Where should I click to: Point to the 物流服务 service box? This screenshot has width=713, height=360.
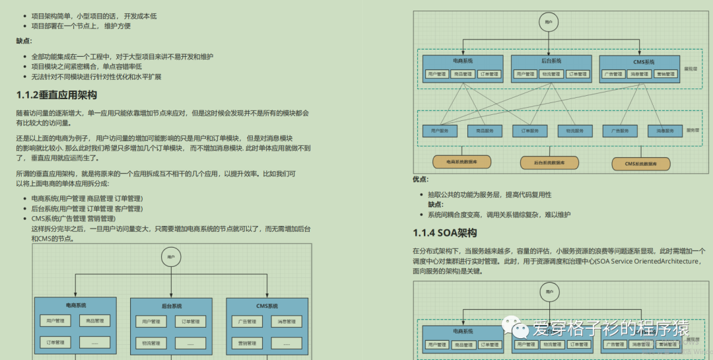point(574,131)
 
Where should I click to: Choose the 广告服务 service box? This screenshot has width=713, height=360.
point(619,131)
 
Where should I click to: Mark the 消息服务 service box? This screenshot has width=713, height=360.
point(664,131)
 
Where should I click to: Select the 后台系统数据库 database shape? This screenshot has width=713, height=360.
point(549,162)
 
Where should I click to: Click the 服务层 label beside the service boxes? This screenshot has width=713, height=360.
point(693,130)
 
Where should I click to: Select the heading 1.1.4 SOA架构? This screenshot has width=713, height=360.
point(444,233)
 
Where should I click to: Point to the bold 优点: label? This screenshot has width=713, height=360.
point(421,179)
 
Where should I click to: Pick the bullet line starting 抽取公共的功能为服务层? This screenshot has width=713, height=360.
point(489,195)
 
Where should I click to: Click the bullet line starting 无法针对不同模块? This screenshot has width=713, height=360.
point(96,77)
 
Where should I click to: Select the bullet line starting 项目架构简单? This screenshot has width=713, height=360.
point(94,16)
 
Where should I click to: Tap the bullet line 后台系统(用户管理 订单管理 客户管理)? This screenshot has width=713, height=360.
point(86,209)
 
